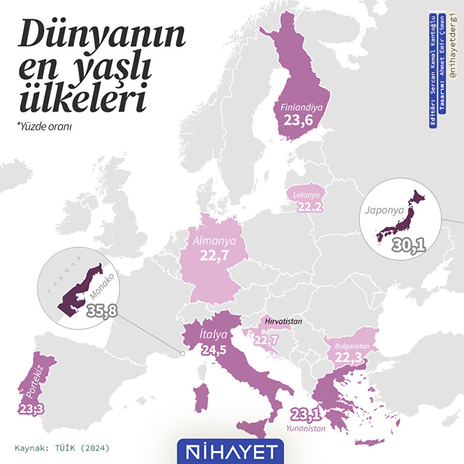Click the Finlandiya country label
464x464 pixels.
(302, 108)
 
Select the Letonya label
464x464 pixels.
(307, 196)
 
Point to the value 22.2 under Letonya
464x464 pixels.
(310, 207)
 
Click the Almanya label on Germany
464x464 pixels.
(214, 241)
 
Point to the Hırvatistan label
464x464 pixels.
(283, 321)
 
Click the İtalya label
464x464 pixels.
(212, 335)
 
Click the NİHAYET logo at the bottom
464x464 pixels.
(230, 451)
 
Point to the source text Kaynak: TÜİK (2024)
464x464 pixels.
(62, 447)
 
